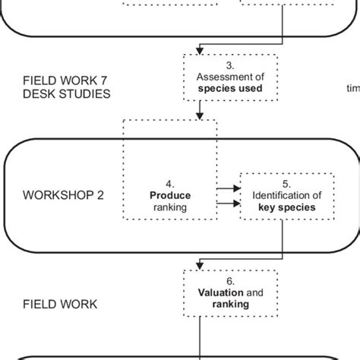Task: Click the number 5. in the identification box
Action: pyautogui.click(x=286, y=183)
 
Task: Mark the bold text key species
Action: pyautogui.click(x=286, y=206)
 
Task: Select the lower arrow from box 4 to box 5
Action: pyautogui.click(x=226, y=204)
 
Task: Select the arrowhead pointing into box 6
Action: pyautogui.click(x=199, y=265)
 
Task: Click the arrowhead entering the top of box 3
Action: pyautogui.click(x=199, y=50)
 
